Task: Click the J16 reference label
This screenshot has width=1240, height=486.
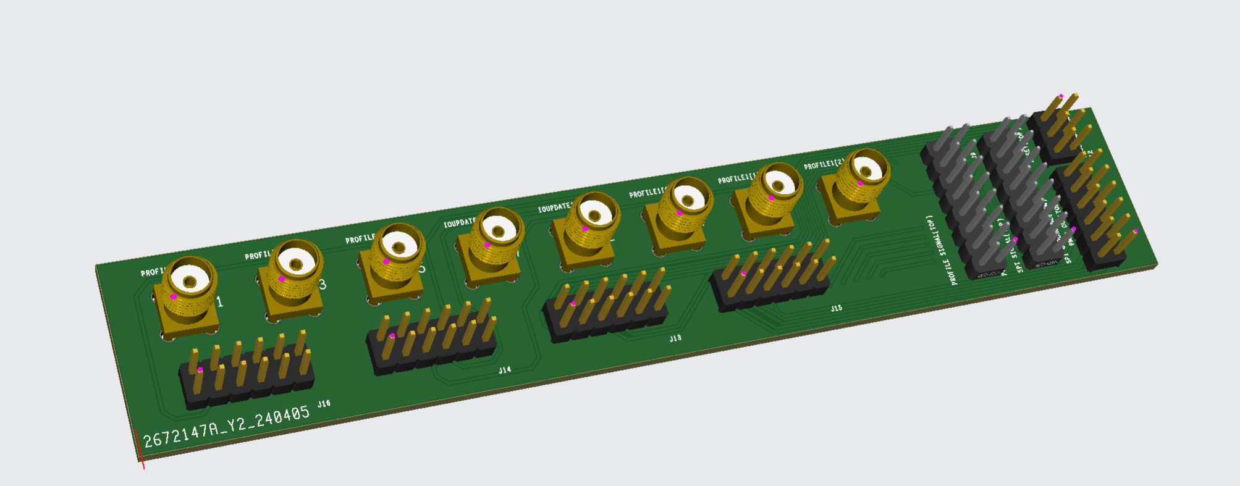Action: (x=324, y=404)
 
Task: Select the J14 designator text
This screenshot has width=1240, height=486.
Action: (x=505, y=370)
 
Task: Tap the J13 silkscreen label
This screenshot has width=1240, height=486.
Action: (x=675, y=338)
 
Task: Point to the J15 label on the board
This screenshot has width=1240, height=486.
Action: (x=836, y=308)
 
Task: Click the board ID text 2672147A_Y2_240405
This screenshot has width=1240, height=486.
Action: (x=226, y=427)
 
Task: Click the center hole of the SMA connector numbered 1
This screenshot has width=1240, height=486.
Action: (x=190, y=283)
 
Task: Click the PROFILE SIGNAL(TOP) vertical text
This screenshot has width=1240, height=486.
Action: (x=942, y=250)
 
